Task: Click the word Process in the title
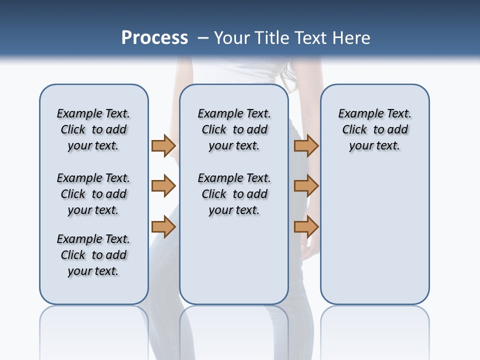[154, 38]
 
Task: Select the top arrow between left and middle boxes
[163, 145]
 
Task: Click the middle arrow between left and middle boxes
[163, 186]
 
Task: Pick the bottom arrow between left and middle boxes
[163, 227]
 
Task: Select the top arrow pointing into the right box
[306, 145]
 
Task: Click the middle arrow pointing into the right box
[306, 186]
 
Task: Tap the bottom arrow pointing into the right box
[306, 227]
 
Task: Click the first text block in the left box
[93, 129]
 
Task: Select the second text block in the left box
[93, 194]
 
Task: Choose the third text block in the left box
[93, 255]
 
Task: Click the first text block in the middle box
[234, 129]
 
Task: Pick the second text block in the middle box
[234, 194]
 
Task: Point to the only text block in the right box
[374, 129]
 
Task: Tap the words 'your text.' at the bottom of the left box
[93, 271]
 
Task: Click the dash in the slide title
[203, 38]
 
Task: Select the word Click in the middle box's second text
[214, 194]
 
